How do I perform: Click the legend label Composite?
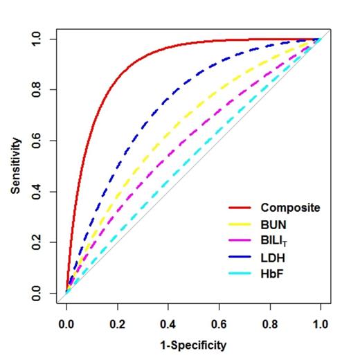[x=289, y=207]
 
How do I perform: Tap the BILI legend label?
[x=273, y=240]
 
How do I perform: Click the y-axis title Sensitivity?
[x=16, y=165]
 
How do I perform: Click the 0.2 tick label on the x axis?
[x=117, y=322]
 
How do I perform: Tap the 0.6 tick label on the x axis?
[x=219, y=322]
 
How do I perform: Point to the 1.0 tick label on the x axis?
[x=321, y=322]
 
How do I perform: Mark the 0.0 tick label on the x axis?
[x=66, y=322]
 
